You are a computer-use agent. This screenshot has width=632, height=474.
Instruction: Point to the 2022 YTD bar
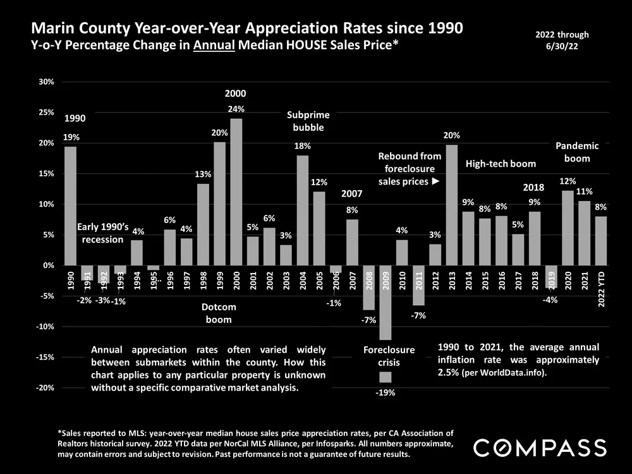[600, 241]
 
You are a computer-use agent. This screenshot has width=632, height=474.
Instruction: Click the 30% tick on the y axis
[46, 82]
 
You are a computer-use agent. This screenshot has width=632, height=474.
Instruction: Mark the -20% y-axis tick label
[45, 388]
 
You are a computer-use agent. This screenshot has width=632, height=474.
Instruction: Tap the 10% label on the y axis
[46, 204]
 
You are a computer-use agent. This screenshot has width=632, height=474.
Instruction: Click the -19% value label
[385, 392]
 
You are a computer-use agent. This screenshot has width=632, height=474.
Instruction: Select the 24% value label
[236, 109]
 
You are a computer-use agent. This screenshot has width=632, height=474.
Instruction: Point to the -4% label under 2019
[550, 300]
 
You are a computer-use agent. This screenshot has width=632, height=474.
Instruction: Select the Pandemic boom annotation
[577, 152]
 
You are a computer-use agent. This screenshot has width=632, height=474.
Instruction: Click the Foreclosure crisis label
[389, 356]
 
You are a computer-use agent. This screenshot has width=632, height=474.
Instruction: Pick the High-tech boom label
[501, 164]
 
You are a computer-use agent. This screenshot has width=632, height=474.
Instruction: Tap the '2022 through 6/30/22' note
[562, 40]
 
